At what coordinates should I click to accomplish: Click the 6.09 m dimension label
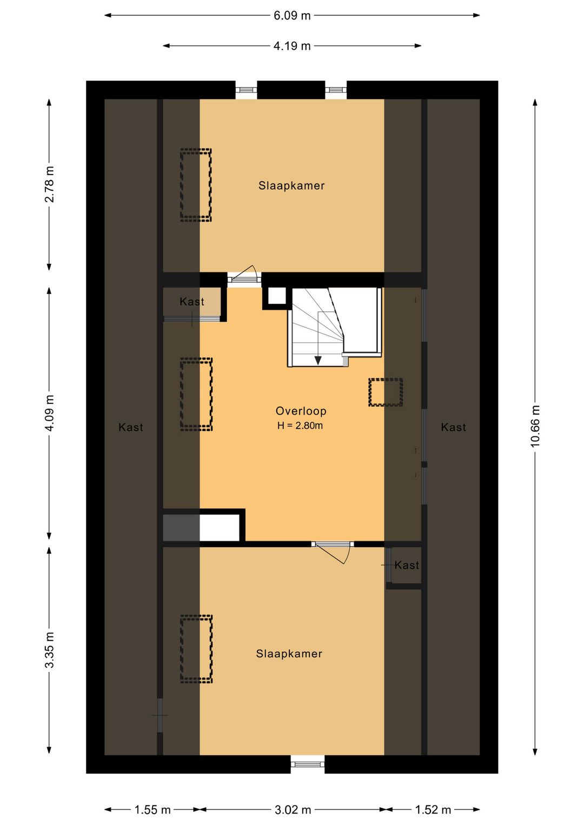tap(292, 16)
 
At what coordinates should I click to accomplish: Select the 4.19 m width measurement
tap(292, 46)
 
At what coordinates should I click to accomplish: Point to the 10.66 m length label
tap(535, 426)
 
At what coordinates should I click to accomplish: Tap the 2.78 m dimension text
tap(49, 184)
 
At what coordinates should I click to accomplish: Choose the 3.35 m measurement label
tap(49, 650)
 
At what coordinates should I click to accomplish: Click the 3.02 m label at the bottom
tap(293, 809)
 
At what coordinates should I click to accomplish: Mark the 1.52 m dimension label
tap(433, 809)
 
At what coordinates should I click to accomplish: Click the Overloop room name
tap(301, 411)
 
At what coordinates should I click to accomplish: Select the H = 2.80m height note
tap(300, 425)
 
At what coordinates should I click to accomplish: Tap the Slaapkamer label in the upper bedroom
tap(291, 185)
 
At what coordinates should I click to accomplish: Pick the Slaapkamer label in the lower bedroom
tap(289, 654)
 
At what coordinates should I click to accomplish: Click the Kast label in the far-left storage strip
tap(131, 427)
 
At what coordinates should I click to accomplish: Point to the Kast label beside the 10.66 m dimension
tap(453, 427)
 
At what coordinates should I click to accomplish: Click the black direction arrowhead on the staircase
tap(318, 361)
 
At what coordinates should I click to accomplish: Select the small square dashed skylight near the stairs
tap(386, 392)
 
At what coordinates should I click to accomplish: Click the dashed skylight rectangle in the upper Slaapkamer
tap(196, 185)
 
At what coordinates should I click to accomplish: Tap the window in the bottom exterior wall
tap(308, 764)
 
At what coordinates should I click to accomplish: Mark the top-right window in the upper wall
tap(335, 90)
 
